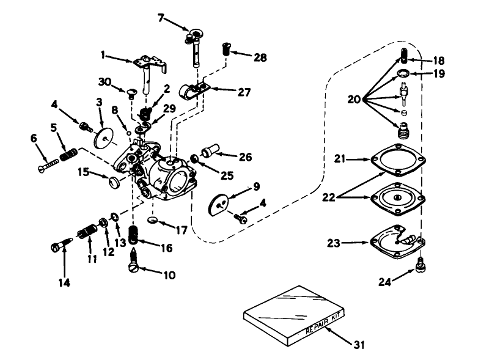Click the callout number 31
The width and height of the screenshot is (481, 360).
358,345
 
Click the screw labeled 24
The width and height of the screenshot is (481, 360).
420,264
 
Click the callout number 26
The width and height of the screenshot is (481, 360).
245,156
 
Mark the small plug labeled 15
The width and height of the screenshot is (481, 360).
112,182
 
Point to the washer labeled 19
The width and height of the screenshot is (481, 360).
403,75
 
